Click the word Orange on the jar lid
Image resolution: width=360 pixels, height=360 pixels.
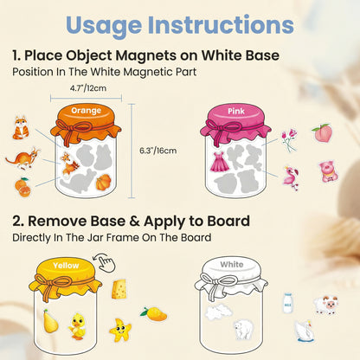pyautogui.click(x=87, y=109)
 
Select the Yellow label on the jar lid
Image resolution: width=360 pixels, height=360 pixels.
pyautogui.click(x=66, y=266)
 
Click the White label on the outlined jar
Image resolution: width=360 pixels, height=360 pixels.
pyautogui.click(x=230, y=266)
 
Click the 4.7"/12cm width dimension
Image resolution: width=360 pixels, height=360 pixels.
pyautogui.click(x=88, y=87)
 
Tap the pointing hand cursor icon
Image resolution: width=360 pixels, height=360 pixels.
pyautogui.click(x=105, y=262)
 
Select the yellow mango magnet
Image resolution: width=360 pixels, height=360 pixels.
pyautogui.click(x=153, y=312)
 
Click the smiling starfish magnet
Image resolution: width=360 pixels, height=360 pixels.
pyautogui.click(x=119, y=330)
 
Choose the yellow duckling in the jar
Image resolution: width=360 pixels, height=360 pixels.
pyautogui.click(x=80, y=325)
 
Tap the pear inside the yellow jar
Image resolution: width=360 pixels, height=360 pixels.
pyautogui.click(x=50, y=321)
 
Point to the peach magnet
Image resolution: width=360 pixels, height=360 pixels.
pyautogui.click(x=322, y=132)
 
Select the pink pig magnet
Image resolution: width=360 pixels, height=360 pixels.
pyautogui.click(x=327, y=170)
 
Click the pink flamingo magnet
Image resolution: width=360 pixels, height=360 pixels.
pyautogui.click(x=290, y=177)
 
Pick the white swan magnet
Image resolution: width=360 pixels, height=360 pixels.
pyautogui.click(x=303, y=331)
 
